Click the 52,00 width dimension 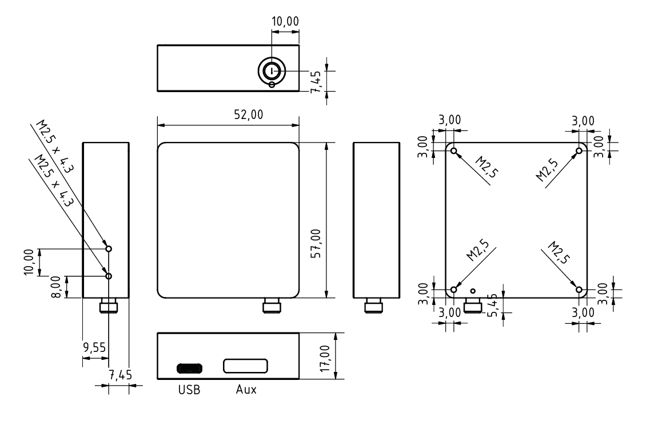(x=248, y=114)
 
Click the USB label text (x=189, y=390)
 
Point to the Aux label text (x=246, y=390)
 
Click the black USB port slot (x=189, y=367)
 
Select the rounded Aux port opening (x=245, y=366)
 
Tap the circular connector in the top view (x=272, y=70)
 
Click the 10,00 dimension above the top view (x=285, y=21)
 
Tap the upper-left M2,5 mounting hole (x=454, y=151)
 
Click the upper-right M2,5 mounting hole (x=579, y=150)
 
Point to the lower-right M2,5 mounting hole (x=579, y=290)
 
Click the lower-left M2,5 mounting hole (x=454, y=290)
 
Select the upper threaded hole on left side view (x=109, y=249)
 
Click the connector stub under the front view (x=272, y=307)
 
